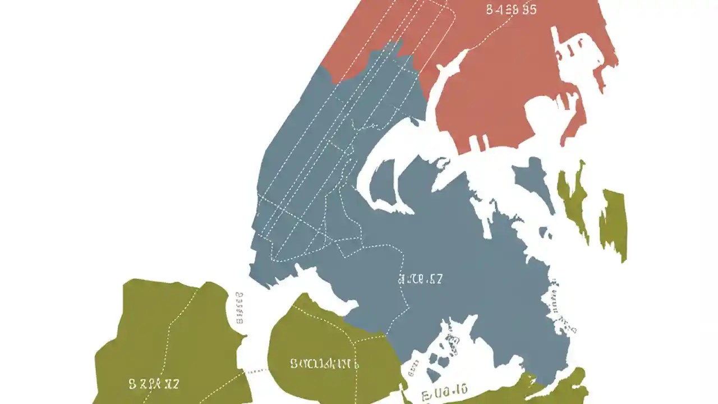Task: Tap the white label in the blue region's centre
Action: click(x=420, y=279)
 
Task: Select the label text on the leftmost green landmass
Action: click(x=154, y=384)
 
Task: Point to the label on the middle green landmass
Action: click(x=324, y=364)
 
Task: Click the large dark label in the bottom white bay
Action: click(x=444, y=389)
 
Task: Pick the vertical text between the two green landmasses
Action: click(x=240, y=308)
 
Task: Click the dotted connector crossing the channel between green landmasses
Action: click(x=256, y=371)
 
